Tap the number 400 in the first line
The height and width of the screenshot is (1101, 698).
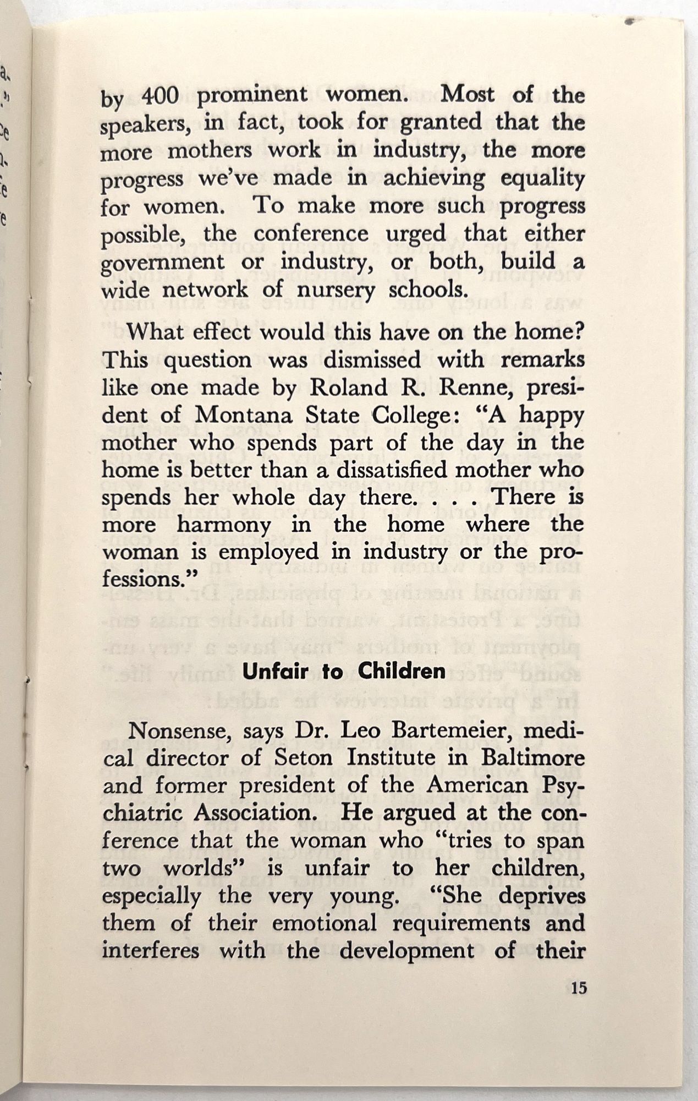pyautogui.click(x=160, y=96)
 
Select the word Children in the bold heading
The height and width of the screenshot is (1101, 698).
pyautogui.click(x=402, y=672)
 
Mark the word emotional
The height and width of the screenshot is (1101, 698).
pyautogui.click(x=324, y=923)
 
